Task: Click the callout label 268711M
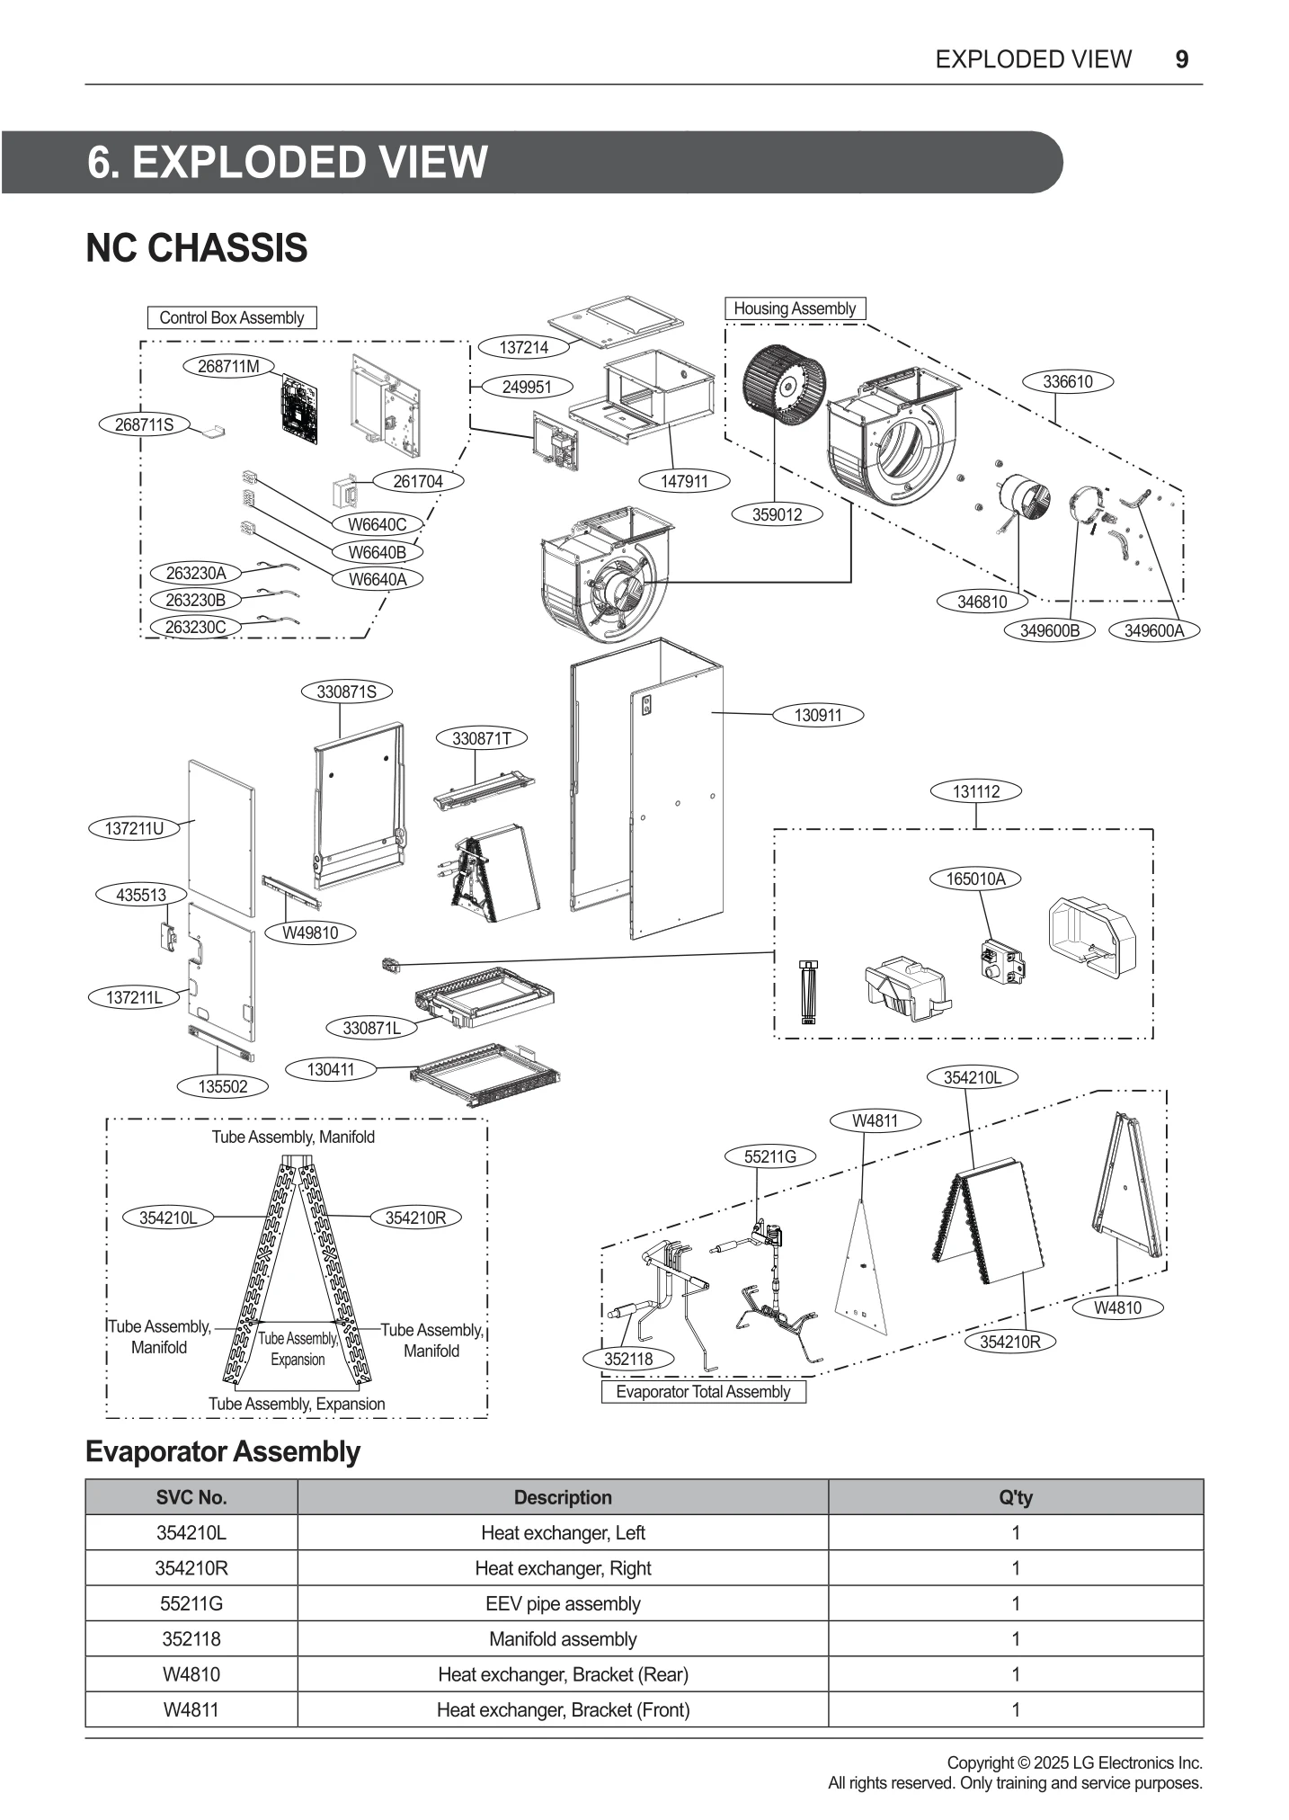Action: [x=228, y=366]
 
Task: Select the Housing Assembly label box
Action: [x=795, y=308]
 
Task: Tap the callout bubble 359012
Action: [x=777, y=514]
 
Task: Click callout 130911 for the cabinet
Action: [x=818, y=716]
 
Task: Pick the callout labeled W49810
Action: [x=310, y=932]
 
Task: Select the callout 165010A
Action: [x=975, y=879]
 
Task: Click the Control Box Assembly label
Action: [x=232, y=317]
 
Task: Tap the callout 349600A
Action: [x=1154, y=630]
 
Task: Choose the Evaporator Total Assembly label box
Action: [x=703, y=1392]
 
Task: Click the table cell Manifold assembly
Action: [x=563, y=1639]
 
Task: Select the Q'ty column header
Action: [x=1015, y=1498]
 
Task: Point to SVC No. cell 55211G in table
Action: [x=191, y=1604]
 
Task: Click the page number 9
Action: [x=1182, y=59]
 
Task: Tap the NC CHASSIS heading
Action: [x=197, y=248]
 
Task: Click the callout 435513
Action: [x=141, y=895]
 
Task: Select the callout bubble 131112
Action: [x=975, y=791]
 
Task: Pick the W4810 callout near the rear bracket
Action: [x=1117, y=1308]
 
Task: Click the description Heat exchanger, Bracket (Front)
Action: [x=563, y=1710]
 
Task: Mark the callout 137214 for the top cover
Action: [x=524, y=347]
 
